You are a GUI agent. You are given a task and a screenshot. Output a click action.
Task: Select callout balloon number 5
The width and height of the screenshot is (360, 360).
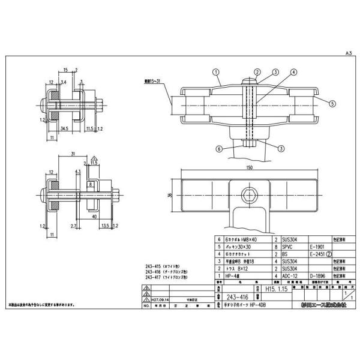point(329,103)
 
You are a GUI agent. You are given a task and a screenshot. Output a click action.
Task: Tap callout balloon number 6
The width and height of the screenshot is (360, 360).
point(220,148)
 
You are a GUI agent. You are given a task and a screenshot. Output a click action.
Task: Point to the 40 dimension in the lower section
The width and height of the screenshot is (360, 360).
point(94,214)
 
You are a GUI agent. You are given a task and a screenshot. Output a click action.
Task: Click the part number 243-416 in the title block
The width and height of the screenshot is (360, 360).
point(238,295)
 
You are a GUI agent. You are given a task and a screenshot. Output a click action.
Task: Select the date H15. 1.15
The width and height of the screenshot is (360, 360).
point(277,289)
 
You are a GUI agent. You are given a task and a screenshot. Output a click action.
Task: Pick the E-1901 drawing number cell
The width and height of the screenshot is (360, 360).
point(317,245)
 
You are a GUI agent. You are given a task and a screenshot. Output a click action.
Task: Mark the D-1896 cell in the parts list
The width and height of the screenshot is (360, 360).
point(317,275)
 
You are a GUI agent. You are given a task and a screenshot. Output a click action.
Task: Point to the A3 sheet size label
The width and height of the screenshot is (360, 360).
point(347,53)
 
